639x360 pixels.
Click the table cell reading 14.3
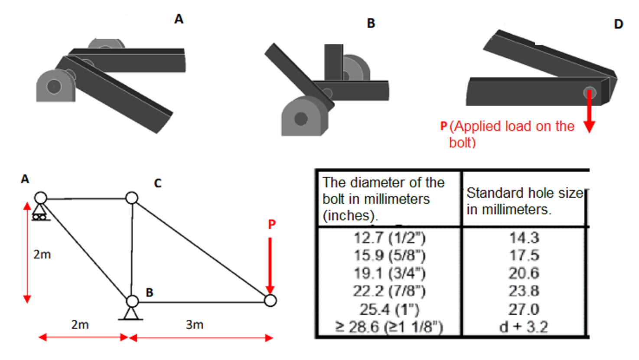(524, 238)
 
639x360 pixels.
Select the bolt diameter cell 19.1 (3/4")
(389, 273)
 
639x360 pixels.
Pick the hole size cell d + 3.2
(524, 327)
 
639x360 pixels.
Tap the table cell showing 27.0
(524, 309)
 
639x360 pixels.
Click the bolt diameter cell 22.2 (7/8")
(389, 291)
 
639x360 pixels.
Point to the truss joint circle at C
(132, 198)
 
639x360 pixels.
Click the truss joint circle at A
(41, 198)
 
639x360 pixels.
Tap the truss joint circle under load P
(270, 300)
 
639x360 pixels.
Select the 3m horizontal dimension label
(194, 325)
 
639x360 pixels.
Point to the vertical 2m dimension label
(42, 254)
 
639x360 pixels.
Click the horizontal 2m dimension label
(80, 325)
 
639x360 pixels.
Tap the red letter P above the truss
(272, 224)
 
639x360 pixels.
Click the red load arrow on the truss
(270, 265)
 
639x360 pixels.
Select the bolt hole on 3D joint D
(590, 92)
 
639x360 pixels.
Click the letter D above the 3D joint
(619, 24)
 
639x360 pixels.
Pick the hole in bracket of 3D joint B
(300, 118)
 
